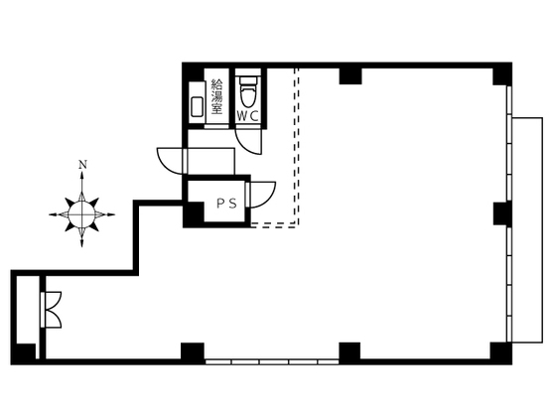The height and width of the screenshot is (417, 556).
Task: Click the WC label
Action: [x=248, y=116]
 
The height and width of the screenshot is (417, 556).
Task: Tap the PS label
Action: [x=227, y=204]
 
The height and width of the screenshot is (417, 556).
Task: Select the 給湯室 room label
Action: [x=216, y=96]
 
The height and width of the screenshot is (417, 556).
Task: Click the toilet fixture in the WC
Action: [x=248, y=90]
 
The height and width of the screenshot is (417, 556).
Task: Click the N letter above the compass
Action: [x=82, y=165]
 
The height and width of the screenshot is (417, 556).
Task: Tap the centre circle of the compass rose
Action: [x=81, y=214]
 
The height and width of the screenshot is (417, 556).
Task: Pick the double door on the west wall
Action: [x=52, y=310]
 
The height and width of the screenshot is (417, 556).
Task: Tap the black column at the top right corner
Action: [x=501, y=74]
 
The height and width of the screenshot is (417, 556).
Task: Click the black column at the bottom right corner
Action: [x=500, y=352]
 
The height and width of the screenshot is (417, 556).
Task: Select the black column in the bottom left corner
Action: [x=25, y=353]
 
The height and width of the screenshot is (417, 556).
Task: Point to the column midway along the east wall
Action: [x=502, y=213]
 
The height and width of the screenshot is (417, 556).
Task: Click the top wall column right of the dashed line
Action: [x=350, y=75]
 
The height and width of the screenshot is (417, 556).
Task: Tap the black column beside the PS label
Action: [x=194, y=213]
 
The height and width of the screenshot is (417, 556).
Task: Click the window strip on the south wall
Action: [x=272, y=362]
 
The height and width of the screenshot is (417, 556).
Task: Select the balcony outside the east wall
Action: [x=527, y=229]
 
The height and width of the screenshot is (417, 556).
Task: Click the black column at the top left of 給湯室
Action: [x=194, y=73]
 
